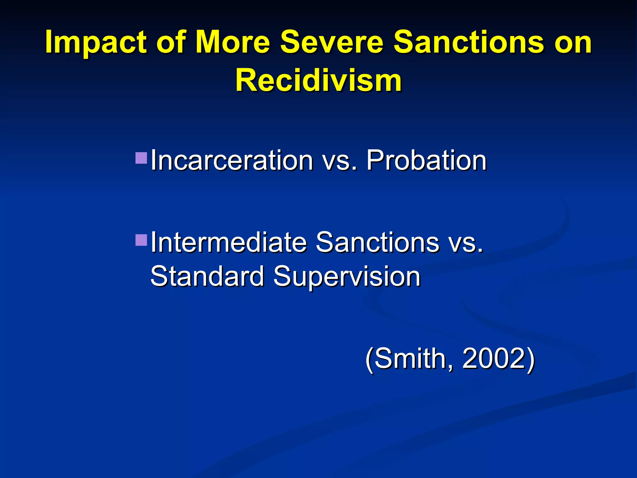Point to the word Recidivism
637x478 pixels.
click(318, 81)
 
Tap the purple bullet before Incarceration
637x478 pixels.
click(141, 158)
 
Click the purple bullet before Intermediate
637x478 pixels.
click(141, 240)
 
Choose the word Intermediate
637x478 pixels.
click(229, 242)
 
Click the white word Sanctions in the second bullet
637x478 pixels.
click(377, 242)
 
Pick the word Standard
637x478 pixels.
click(207, 276)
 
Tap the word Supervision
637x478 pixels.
click(347, 277)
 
